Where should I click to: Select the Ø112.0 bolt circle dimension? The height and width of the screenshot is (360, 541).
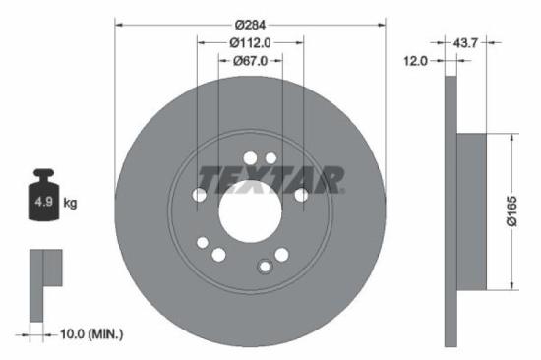[x=250, y=42]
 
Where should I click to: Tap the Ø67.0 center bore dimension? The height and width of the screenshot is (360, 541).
[x=250, y=61]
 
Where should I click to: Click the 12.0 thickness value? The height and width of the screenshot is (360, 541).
[x=416, y=61]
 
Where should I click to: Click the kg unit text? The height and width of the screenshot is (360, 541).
[x=72, y=203]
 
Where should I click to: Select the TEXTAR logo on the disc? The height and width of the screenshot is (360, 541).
[x=271, y=179]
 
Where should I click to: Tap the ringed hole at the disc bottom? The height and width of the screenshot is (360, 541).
[x=264, y=266]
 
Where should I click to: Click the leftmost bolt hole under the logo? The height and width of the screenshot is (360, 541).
[x=200, y=196]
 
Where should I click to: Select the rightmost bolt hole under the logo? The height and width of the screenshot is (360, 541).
[x=301, y=195]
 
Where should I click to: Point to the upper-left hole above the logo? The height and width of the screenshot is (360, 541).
[x=250, y=157]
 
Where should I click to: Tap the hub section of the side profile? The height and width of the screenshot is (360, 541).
[x=473, y=210]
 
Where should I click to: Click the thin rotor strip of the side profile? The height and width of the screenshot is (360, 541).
[x=451, y=210]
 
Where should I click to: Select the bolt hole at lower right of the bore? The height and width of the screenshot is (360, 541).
[x=281, y=255]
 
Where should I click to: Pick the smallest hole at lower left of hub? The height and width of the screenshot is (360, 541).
[x=203, y=242]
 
